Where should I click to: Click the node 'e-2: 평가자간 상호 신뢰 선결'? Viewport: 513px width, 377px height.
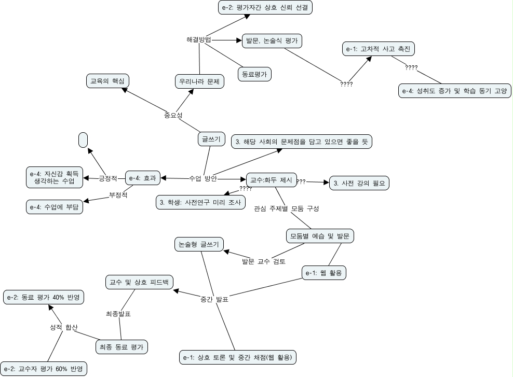(x=265, y=7)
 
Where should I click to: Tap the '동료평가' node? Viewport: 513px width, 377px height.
(x=254, y=74)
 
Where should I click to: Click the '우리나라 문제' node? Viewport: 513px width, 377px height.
(x=199, y=81)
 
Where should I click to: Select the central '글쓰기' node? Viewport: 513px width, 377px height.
(x=210, y=139)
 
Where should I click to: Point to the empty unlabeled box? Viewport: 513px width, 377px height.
(x=83, y=140)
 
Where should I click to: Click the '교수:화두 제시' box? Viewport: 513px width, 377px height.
(x=271, y=180)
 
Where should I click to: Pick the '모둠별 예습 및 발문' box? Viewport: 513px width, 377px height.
(x=320, y=235)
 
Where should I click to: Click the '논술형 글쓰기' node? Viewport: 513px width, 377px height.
(x=198, y=244)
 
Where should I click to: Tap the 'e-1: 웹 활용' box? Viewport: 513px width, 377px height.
(x=324, y=272)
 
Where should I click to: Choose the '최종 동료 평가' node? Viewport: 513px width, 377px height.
(x=122, y=347)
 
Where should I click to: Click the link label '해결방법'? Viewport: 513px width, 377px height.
(x=199, y=40)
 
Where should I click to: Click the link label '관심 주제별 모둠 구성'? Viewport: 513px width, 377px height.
(x=286, y=209)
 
